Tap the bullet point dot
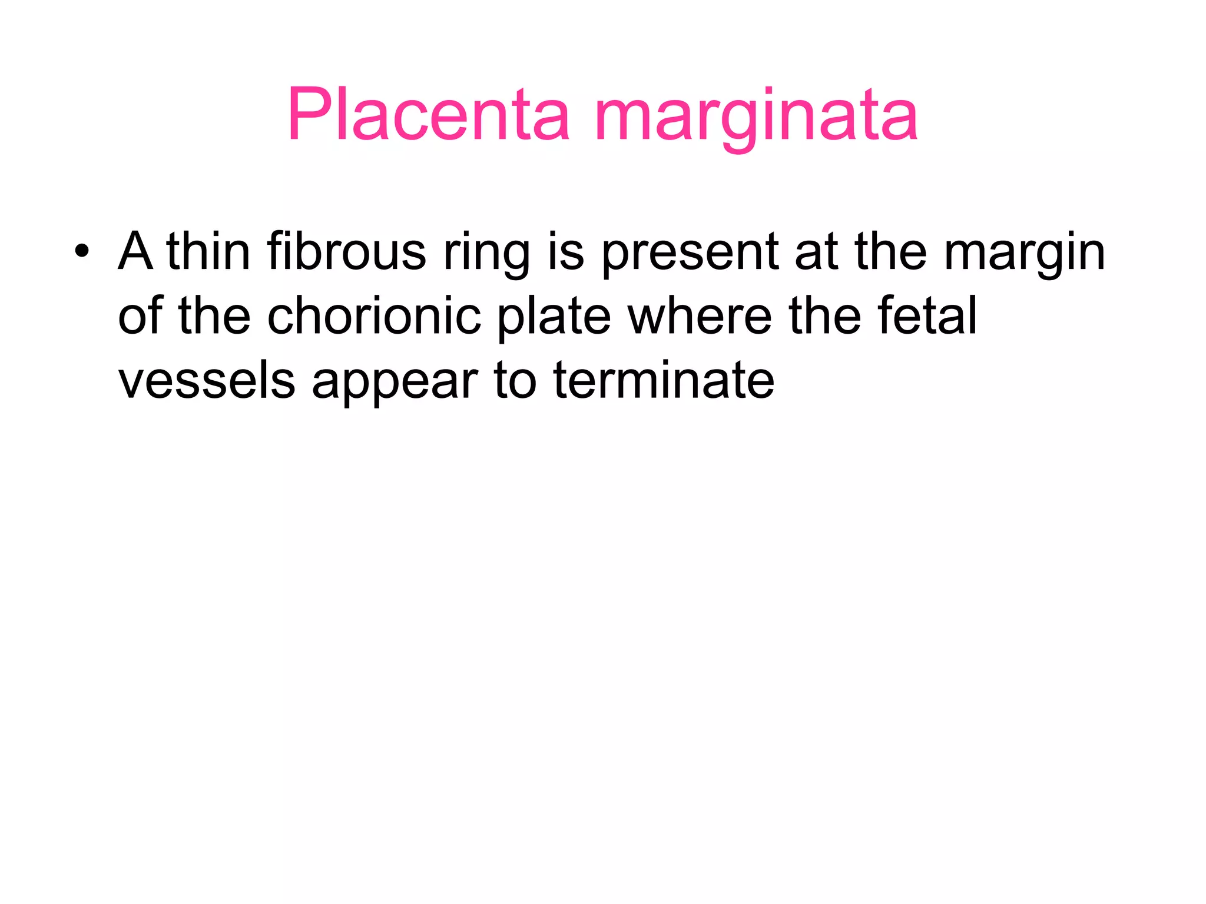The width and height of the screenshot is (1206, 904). [82, 252]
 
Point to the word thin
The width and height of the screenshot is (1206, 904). [208, 252]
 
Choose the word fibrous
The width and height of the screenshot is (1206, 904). [346, 252]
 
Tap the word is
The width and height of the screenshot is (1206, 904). [566, 252]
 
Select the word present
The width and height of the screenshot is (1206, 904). [689, 254]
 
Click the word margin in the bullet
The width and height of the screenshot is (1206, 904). [1025, 254]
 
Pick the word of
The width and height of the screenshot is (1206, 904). [140, 316]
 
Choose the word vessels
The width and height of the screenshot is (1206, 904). [207, 381]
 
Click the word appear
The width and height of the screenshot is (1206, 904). [395, 383]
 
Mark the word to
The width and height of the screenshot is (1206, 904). [514, 381]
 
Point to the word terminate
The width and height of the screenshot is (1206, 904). [664, 381]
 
